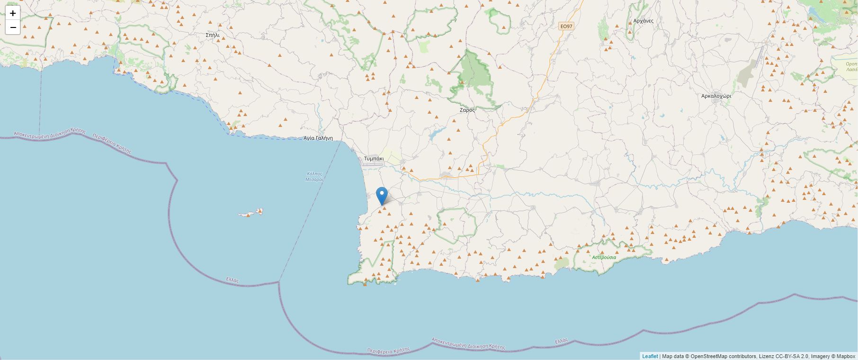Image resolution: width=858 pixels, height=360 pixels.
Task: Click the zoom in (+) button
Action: click(13, 13)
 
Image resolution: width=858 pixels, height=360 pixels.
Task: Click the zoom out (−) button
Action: click(13, 27)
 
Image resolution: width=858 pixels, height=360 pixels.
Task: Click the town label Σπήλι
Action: click(213, 35)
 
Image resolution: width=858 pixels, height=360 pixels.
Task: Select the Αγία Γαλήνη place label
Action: click(318, 138)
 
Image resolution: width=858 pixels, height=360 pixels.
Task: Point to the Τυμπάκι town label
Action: click(374, 158)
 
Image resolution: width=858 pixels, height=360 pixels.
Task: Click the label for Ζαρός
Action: click(467, 110)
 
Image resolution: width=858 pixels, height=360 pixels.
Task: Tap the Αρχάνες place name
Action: click(643, 21)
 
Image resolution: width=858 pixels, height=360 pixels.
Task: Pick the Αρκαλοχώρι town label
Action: click(716, 96)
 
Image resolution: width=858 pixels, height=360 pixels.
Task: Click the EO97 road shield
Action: click(566, 27)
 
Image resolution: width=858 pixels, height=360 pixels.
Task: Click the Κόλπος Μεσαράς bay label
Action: click(314, 177)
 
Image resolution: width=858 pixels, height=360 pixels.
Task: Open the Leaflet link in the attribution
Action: click(650, 356)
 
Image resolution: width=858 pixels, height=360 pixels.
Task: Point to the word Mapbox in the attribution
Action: click(846, 356)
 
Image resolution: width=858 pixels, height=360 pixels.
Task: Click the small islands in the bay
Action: click(251, 213)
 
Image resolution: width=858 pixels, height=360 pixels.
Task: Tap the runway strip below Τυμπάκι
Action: click(372, 165)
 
